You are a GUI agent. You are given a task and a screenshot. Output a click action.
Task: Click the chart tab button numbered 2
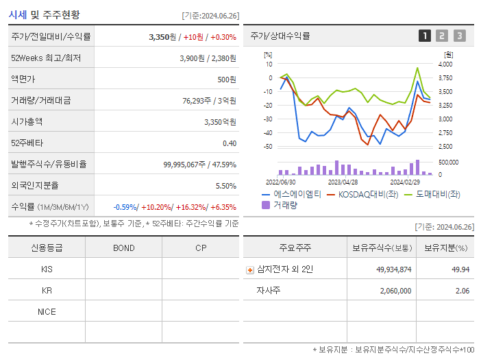coord(442,36)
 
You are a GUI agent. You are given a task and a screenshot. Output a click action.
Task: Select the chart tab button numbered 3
coord(459,36)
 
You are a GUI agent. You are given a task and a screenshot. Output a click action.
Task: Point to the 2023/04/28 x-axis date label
coord(343,182)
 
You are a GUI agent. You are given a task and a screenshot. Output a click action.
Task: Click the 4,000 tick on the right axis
coord(446,64)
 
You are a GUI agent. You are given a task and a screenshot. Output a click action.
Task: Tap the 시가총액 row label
coord(27,121)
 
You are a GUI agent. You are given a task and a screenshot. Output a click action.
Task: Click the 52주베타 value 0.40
coord(230,143)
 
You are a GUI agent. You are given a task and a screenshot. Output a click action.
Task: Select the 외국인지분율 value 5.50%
coord(225,186)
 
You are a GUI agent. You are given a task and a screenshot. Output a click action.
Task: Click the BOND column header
coord(123,248)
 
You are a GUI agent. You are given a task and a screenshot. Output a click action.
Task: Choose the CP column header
coord(201,248)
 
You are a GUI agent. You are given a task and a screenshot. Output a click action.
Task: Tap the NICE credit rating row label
coord(47,312)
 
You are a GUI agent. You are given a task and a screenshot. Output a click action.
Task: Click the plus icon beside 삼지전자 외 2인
coord(250,269)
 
